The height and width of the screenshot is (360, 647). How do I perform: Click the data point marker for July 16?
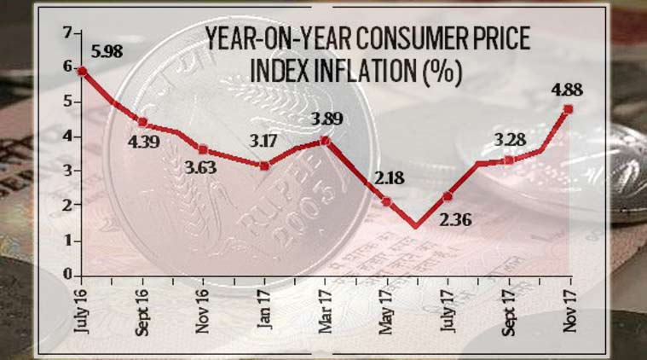click(x=82, y=72)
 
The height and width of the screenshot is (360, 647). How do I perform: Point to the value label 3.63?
click(x=203, y=167)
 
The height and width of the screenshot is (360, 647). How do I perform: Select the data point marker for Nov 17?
click(x=568, y=108)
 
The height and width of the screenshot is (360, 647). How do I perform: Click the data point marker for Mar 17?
click(x=325, y=141)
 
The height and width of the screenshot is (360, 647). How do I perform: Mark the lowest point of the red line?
click(x=415, y=227)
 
